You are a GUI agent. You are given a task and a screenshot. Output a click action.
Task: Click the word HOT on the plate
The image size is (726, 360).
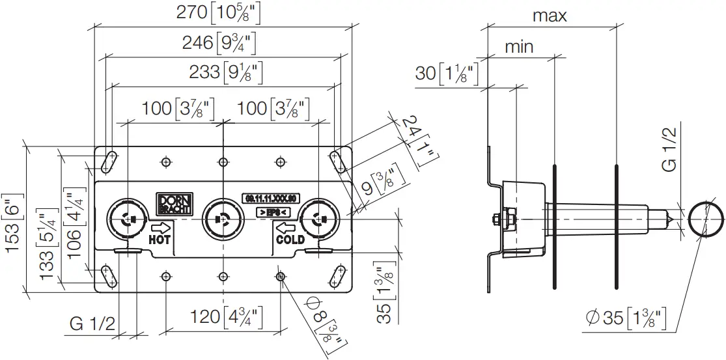click(x=160, y=240)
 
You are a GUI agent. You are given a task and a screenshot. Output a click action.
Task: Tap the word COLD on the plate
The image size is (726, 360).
click(x=290, y=240)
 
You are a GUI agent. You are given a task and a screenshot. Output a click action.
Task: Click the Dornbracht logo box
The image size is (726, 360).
click(x=174, y=203)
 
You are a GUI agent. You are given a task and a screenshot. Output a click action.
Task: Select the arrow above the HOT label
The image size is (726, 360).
click(x=161, y=227)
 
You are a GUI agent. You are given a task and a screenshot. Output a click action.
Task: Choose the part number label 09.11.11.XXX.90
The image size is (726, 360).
click(x=270, y=198)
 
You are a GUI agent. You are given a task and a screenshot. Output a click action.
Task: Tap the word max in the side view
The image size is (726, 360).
click(x=550, y=16)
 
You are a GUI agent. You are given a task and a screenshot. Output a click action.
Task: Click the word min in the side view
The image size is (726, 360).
click(x=519, y=46)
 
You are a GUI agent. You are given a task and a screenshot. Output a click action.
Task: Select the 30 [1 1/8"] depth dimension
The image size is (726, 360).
click(x=446, y=74)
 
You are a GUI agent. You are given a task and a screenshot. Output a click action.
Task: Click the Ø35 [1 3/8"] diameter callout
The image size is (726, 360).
click(x=626, y=318)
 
